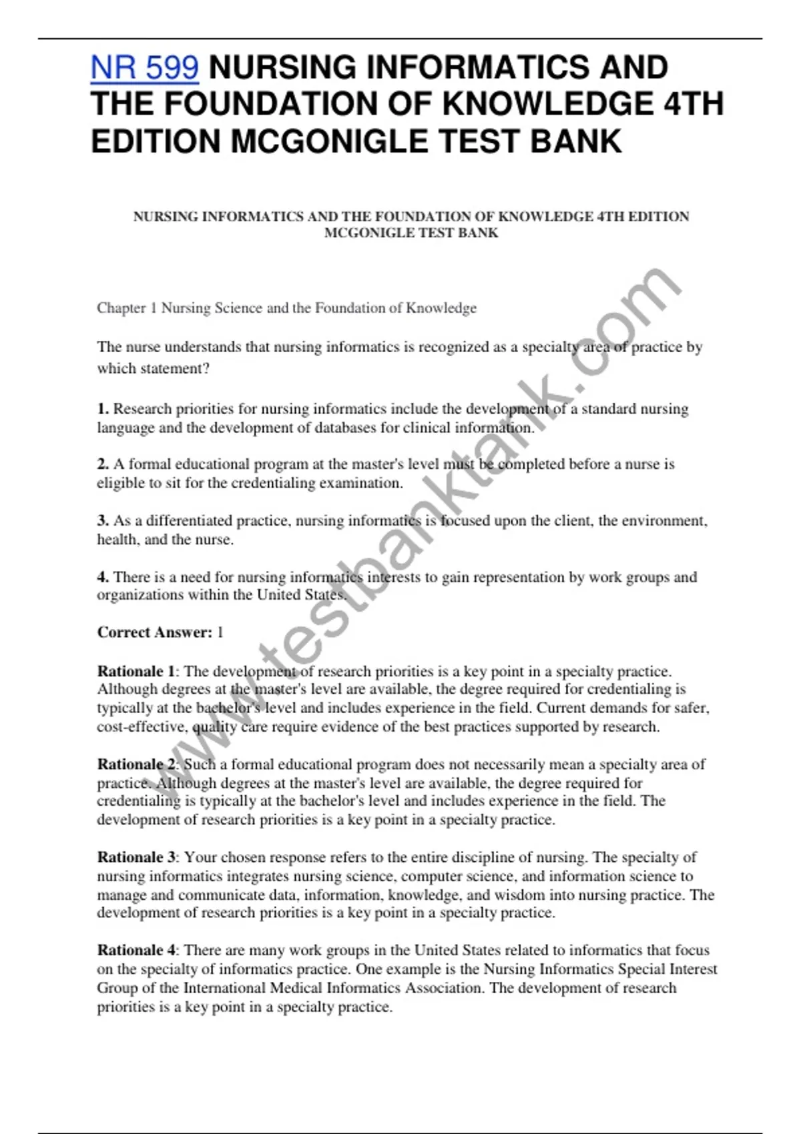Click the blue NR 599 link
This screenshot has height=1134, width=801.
coord(144,67)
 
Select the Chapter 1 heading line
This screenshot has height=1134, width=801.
coord(286,308)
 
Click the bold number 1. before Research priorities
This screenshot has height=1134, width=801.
coord(103,409)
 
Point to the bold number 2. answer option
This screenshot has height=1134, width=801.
coord(103,464)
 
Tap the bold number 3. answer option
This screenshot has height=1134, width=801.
coord(103,520)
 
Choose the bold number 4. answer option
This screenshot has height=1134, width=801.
coord(103,577)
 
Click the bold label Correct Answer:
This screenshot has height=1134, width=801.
coord(155,632)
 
